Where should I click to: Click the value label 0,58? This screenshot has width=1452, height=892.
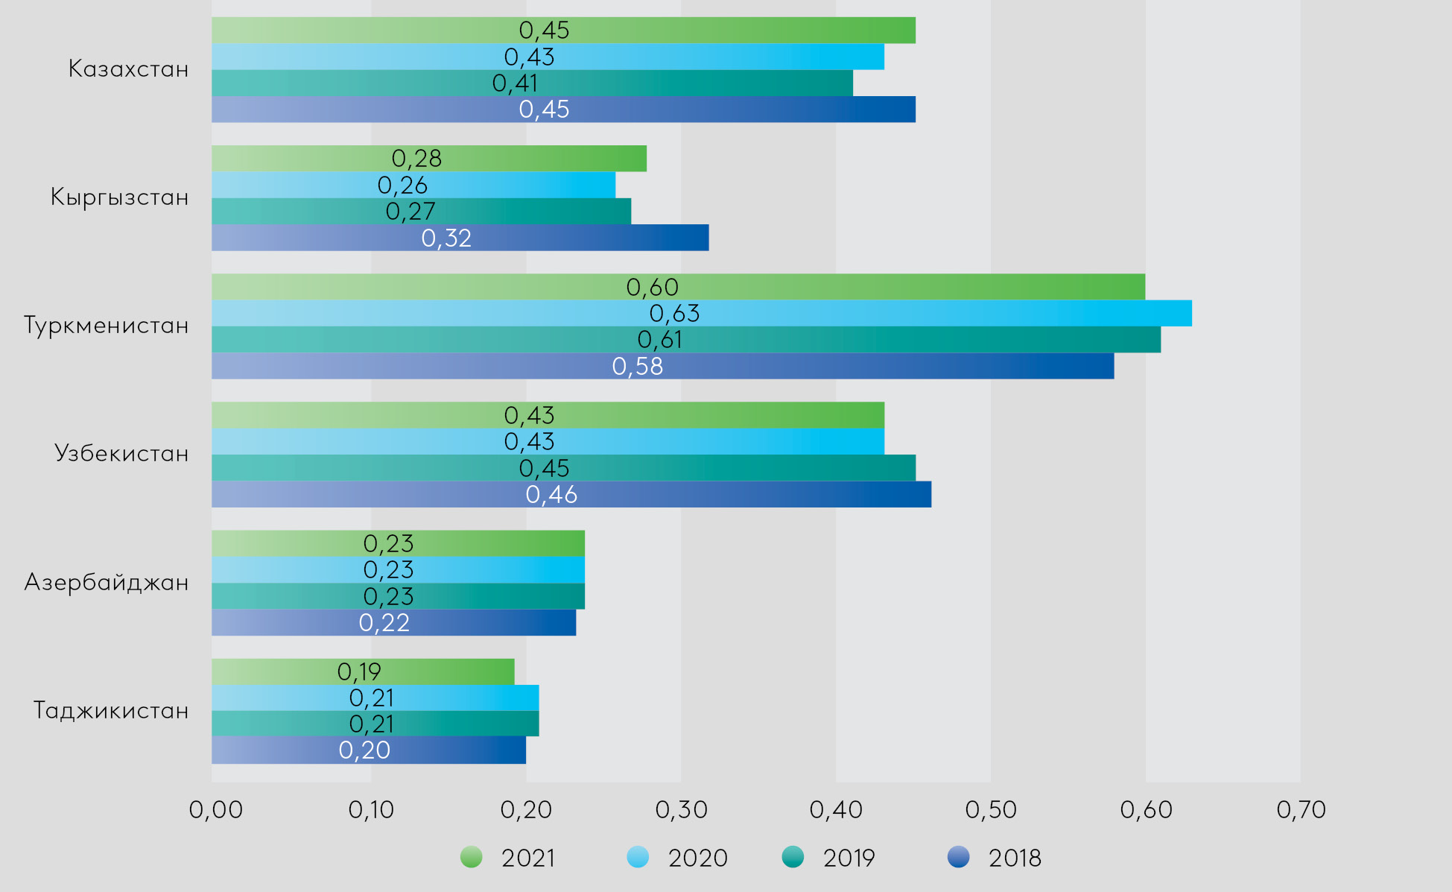(638, 367)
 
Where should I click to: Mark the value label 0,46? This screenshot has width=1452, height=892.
(551, 495)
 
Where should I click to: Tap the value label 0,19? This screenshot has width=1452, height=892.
(359, 672)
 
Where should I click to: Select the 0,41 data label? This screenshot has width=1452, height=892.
(515, 83)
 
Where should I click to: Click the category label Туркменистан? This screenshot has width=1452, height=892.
(107, 326)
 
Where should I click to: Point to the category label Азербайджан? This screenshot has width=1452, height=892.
(107, 582)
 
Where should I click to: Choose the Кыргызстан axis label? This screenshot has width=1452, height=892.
(119, 197)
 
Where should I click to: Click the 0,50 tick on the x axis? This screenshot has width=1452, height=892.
(991, 810)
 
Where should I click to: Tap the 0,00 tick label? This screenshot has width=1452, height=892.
(216, 810)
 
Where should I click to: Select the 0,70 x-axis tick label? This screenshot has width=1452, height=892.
(1301, 810)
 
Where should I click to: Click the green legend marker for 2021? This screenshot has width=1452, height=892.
(472, 858)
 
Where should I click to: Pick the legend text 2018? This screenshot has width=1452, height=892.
(1015, 858)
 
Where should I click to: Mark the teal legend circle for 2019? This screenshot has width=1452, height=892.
(793, 858)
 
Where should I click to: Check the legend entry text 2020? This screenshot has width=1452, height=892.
(697, 858)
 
